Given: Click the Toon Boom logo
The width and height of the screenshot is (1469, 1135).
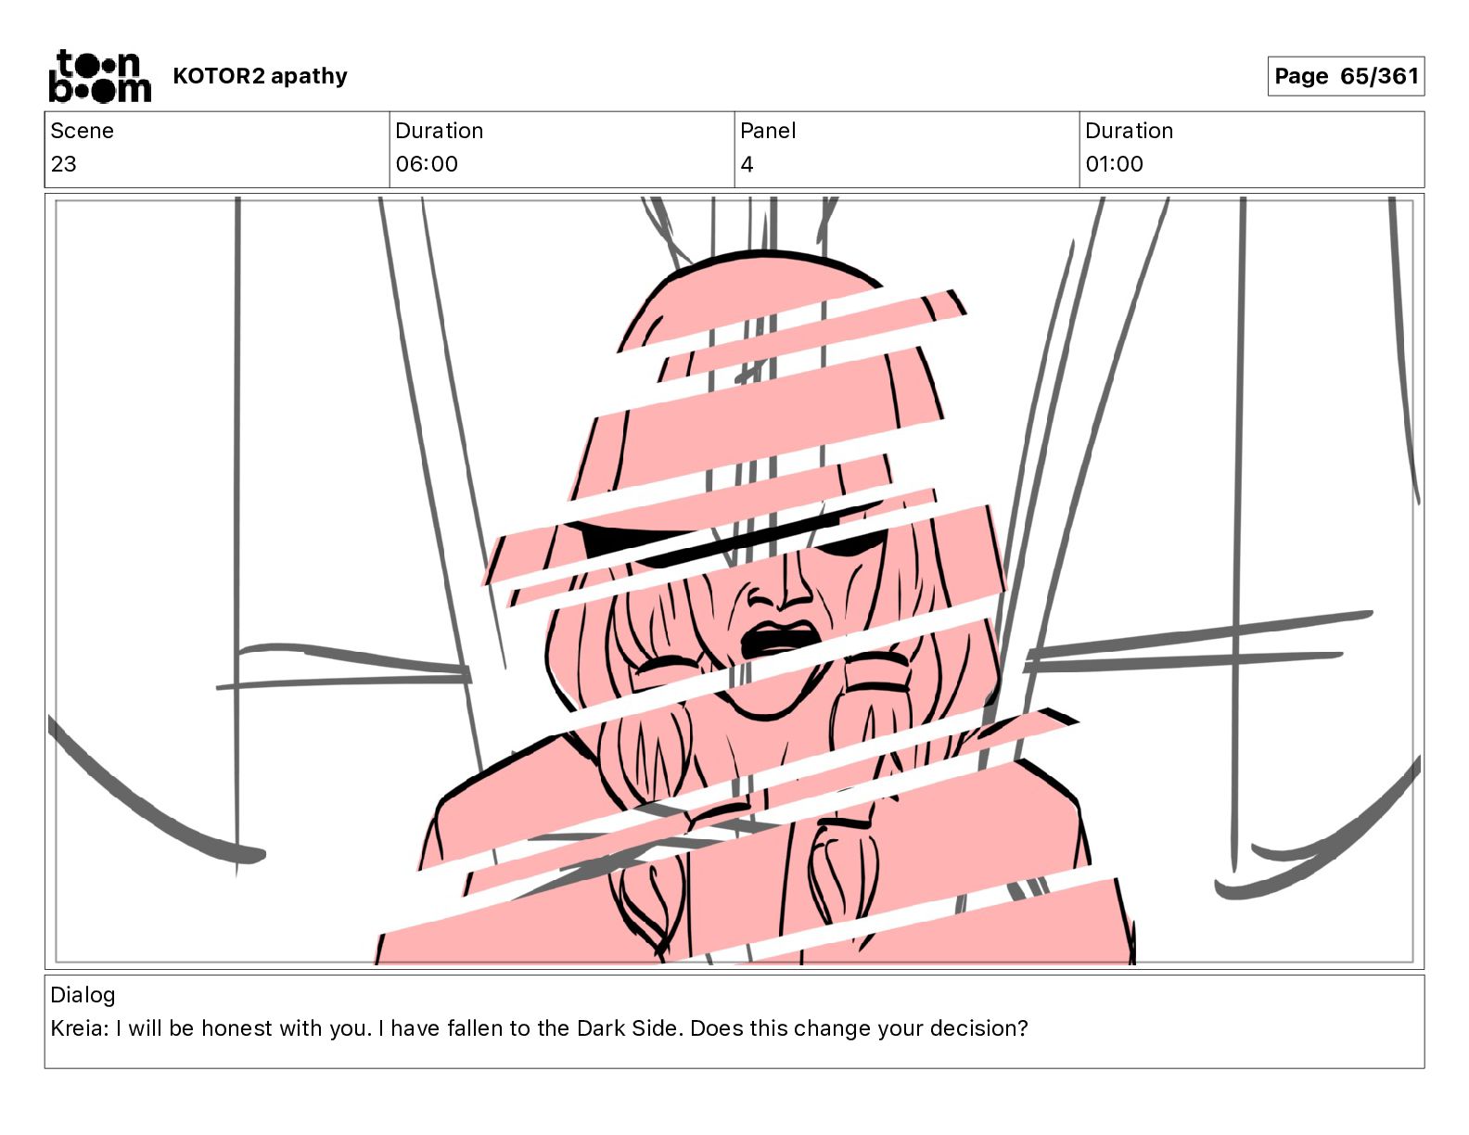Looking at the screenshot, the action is pos(100,76).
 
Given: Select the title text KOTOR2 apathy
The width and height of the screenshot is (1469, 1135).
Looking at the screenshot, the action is pos(261,76).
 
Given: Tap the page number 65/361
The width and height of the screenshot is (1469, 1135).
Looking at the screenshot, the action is pos(1380,76).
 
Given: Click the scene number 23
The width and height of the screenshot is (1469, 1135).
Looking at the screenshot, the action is pos(64,163).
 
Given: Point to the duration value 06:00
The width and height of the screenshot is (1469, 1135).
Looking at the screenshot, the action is pos(427,163).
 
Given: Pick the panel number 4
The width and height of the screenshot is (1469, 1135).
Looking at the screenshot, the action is pos(747,163).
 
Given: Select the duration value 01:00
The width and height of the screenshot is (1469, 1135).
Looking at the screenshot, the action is pos(1114,163).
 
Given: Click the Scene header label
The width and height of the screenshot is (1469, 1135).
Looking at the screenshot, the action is pos(82,131).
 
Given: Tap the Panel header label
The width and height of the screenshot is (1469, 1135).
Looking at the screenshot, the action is pos(768,131).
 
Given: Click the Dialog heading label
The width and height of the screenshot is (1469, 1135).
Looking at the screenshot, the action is pos(83,995).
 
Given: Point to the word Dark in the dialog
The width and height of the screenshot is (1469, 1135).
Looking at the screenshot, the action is pos(600,1028).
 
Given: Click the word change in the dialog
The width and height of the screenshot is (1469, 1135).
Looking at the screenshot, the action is pos(832,1029).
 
